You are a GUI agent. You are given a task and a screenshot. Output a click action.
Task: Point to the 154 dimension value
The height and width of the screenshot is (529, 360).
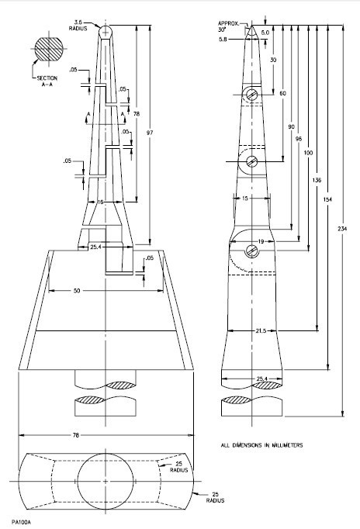pyautogui.click(x=329, y=199)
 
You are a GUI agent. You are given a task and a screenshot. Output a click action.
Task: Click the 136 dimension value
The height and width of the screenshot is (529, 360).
pyautogui.click(x=317, y=180)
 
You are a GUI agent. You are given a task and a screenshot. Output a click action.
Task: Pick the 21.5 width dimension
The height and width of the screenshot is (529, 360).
pyautogui.click(x=261, y=330)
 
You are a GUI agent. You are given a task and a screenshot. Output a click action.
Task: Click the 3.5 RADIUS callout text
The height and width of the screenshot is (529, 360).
pyautogui.click(x=82, y=25)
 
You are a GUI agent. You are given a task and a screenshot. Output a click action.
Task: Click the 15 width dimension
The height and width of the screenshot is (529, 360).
pyautogui.click(x=245, y=198)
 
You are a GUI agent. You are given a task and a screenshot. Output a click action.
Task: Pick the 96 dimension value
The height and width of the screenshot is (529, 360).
pyautogui.click(x=299, y=139)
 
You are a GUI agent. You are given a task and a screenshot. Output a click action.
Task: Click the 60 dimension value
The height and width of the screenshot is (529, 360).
pyautogui.click(x=282, y=93)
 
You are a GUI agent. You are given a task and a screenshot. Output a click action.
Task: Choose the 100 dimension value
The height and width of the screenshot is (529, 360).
pyautogui.click(x=309, y=152)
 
